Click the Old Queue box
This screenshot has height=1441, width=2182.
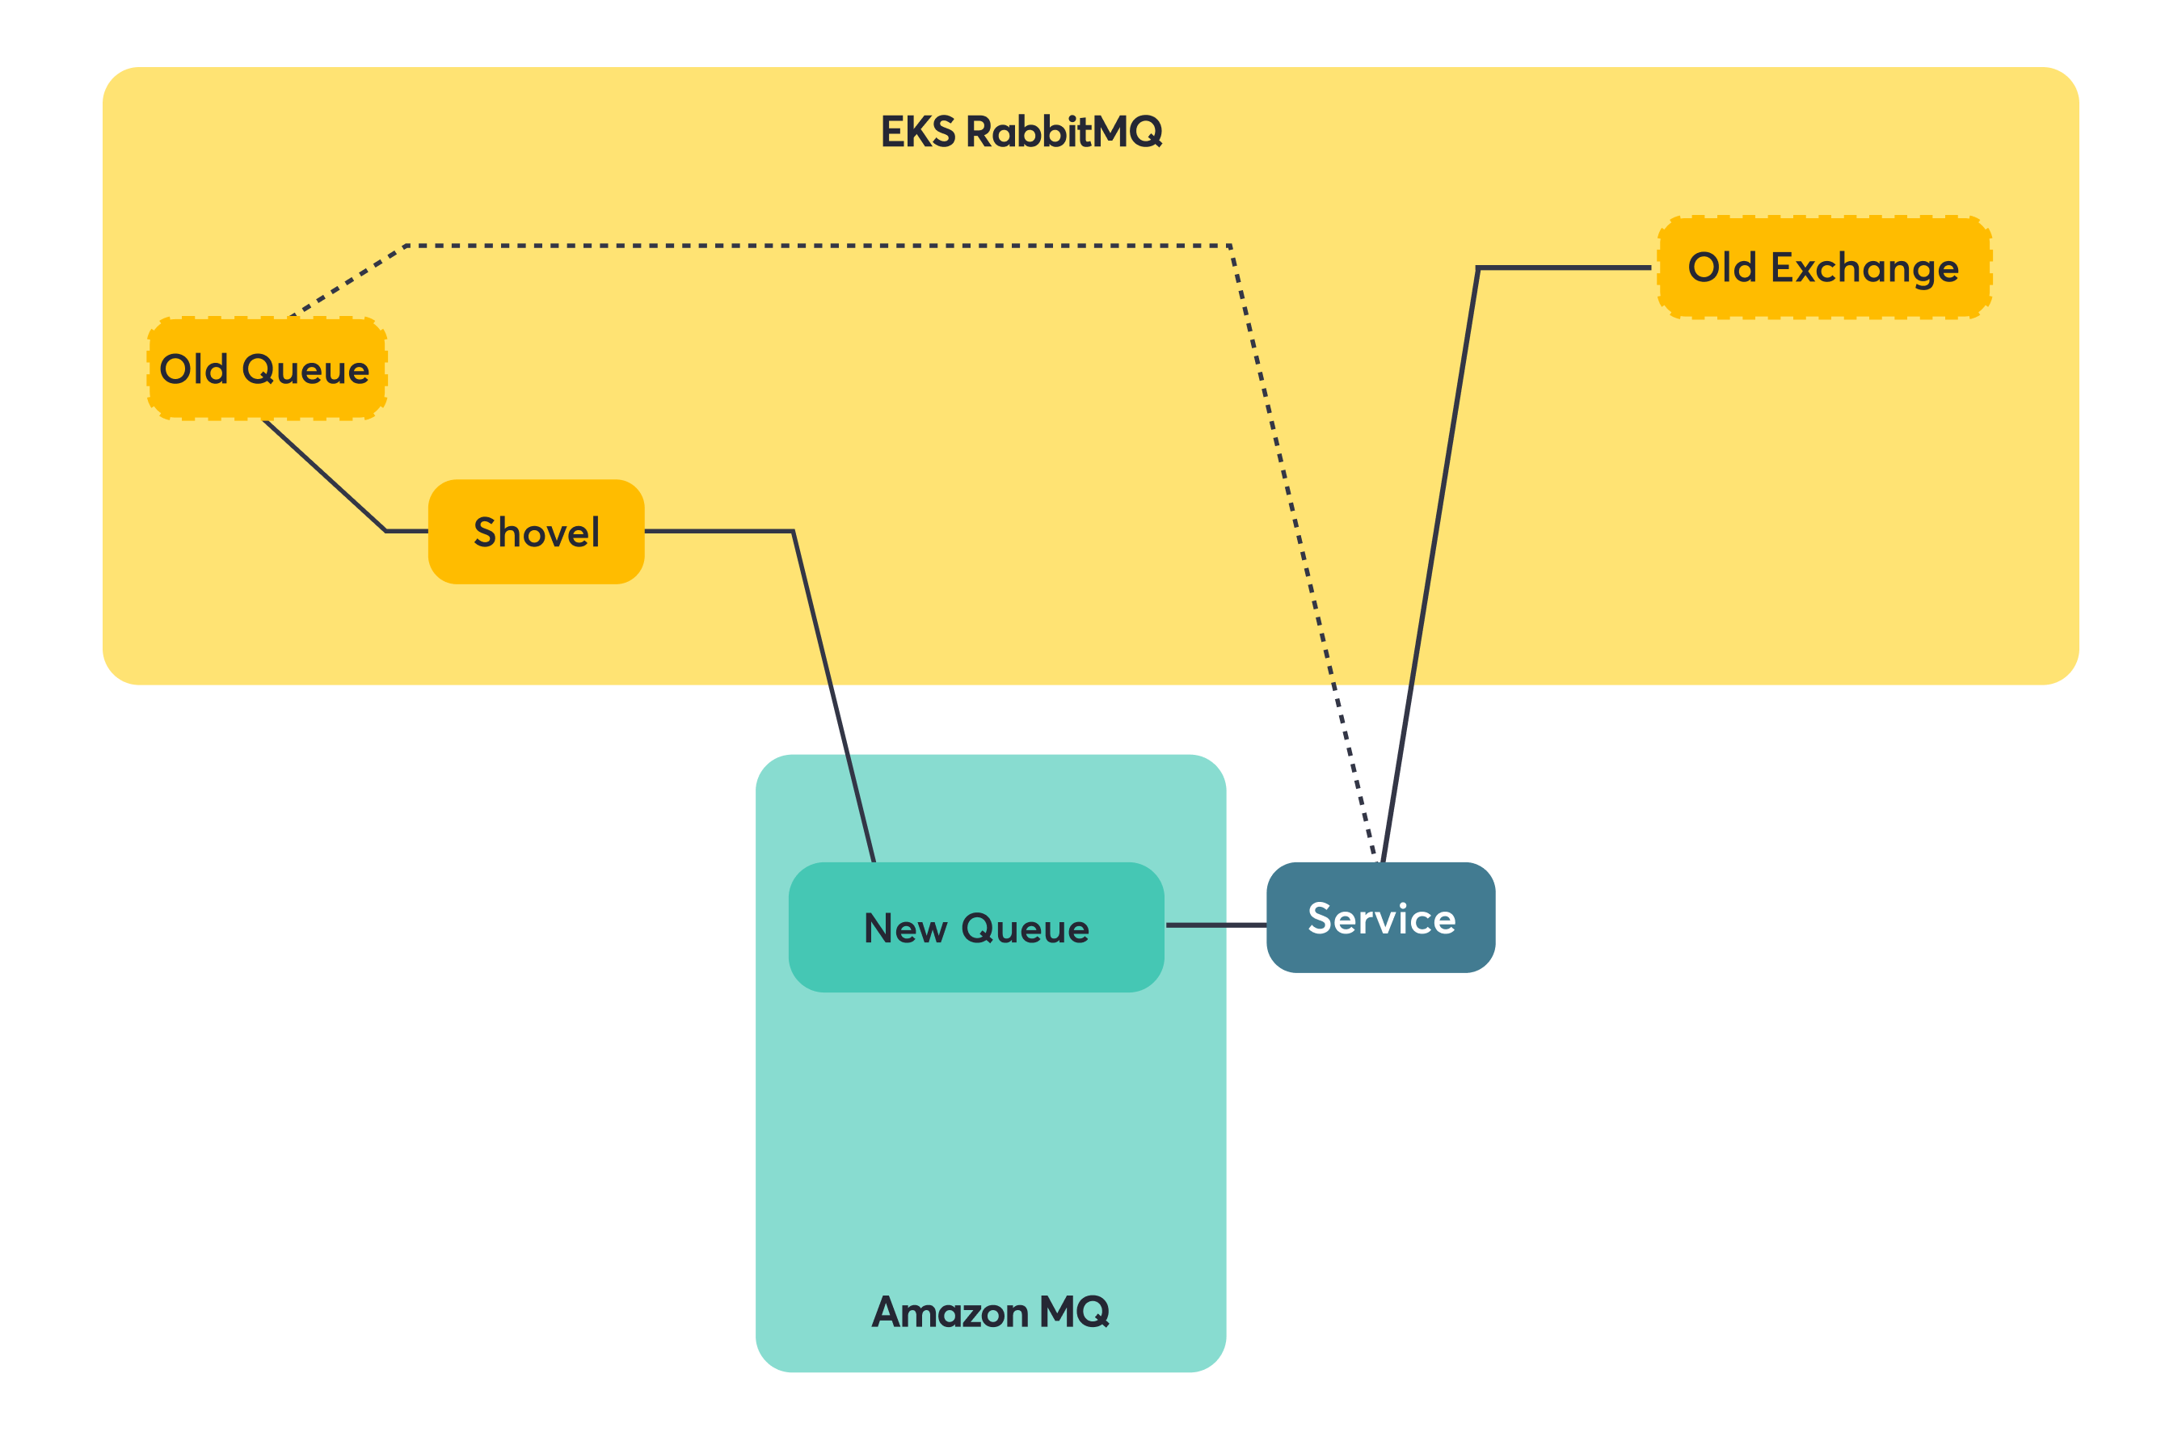click(267, 369)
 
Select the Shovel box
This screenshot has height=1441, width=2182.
click(537, 532)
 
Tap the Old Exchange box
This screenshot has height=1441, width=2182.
click(1824, 268)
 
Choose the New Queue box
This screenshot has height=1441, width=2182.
click(975, 927)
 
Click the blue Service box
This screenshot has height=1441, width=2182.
click(1381, 917)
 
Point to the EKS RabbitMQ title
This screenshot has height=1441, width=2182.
click(1021, 132)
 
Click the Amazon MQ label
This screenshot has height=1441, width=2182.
click(991, 1312)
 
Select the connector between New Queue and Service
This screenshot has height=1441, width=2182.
click(1215, 925)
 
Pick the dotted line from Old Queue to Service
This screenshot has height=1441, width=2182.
click(818, 246)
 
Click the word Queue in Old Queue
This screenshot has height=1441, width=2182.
click(306, 369)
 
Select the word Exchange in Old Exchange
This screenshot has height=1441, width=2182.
click(1864, 268)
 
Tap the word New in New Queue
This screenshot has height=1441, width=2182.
click(905, 928)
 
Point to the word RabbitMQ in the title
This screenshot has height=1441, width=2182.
click(1064, 132)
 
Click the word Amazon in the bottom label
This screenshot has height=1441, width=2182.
click(949, 1312)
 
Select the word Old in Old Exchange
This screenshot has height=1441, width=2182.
click(1721, 268)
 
